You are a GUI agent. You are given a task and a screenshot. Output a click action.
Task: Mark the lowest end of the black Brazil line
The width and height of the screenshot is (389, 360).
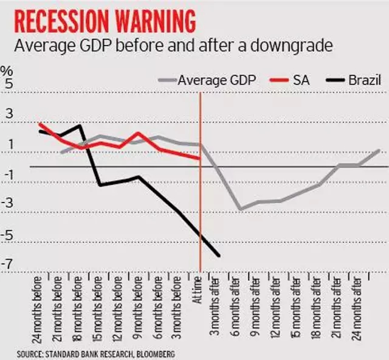[x=219, y=255]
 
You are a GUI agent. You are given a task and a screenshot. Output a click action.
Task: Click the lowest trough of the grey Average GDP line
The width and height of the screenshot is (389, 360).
[x=241, y=209]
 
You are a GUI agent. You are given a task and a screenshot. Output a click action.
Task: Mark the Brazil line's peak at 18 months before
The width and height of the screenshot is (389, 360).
[x=80, y=126]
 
